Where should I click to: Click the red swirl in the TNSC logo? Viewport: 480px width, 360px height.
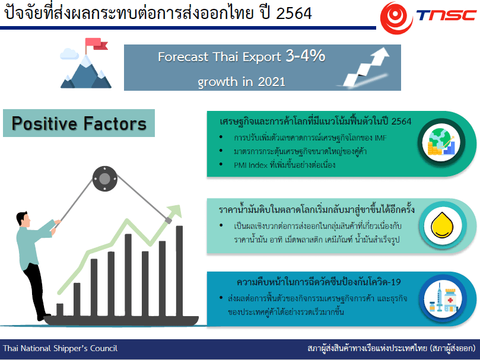click(396, 18)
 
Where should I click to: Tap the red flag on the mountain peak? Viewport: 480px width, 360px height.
click(96, 44)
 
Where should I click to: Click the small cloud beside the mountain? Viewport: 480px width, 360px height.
click(69, 54)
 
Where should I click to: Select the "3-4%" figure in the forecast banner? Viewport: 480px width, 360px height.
click(305, 56)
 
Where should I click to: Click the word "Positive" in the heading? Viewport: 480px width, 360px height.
click(44, 123)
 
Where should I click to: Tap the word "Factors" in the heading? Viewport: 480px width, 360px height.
click(115, 123)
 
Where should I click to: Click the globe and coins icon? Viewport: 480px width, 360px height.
click(441, 142)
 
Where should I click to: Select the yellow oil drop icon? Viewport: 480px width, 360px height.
click(442, 225)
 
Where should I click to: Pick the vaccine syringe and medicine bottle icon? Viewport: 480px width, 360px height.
click(443, 298)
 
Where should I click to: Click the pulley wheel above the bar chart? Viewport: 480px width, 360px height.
click(104, 179)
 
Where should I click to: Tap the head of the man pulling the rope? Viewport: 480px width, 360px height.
click(23, 219)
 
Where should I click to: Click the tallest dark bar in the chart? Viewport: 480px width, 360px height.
click(179, 271)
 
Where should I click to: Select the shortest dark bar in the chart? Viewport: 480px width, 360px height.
click(60, 310)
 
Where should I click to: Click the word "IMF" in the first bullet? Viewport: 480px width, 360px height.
click(380, 138)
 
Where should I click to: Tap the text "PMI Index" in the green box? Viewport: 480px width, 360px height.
click(251, 165)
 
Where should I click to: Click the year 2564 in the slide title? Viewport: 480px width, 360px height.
click(294, 14)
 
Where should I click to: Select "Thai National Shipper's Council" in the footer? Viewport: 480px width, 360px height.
click(61, 348)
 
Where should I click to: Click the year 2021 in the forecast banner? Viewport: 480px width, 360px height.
click(272, 82)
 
